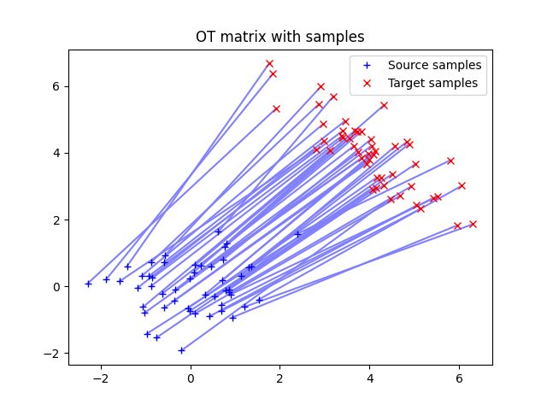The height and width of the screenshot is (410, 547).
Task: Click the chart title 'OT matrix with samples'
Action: (x=279, y=37)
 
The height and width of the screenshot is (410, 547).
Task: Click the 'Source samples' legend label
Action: (x=434, y=65)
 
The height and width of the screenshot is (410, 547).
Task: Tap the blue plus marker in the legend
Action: (x=368, y=65)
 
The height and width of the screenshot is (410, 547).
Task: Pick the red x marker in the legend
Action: (x=368, y=83)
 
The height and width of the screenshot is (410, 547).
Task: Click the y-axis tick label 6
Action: (x=57, y=86)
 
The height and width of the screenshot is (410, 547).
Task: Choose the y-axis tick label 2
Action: (x=57, y=220)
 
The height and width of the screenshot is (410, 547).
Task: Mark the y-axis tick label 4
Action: (x=57, y=153)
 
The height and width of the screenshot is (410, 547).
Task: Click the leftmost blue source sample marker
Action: (x=88, y=284)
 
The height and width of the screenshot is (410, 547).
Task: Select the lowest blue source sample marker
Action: (x=181, y=349)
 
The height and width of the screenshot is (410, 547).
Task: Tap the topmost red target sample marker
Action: (x=269, y=64)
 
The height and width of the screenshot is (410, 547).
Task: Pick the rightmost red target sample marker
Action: (x=473, y=224)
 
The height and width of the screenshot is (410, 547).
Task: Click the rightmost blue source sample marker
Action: (x=297, y=234)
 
